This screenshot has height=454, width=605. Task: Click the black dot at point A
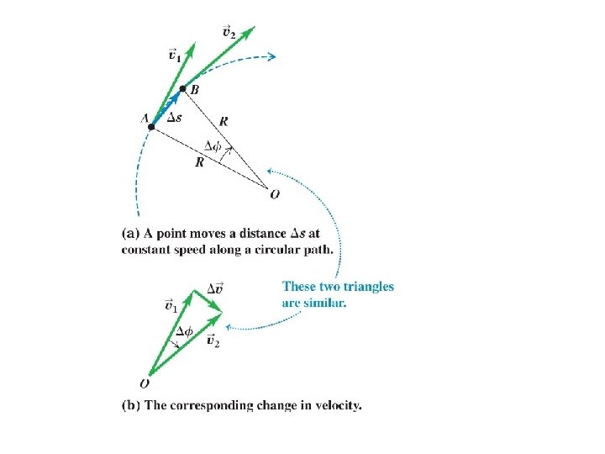(151, 127)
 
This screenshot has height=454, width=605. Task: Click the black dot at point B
(182, 87)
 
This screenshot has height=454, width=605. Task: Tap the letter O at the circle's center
(276, 194)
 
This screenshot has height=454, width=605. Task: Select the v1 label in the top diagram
(174, 55)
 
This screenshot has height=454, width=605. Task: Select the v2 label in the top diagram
(229, 31)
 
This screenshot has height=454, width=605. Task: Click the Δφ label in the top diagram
(213, 145)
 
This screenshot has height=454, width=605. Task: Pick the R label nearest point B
(224, 120)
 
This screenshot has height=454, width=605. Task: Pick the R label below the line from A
(199, 162)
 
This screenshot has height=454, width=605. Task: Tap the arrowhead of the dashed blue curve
(270, 56)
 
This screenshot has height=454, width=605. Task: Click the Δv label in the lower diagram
(215, 288)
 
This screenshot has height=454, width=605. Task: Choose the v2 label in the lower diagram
(213, 341)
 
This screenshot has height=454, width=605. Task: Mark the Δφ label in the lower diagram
(184, 331)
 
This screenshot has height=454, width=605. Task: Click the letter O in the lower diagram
(145, 383)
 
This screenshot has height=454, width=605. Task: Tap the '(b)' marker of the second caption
(132, 405)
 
